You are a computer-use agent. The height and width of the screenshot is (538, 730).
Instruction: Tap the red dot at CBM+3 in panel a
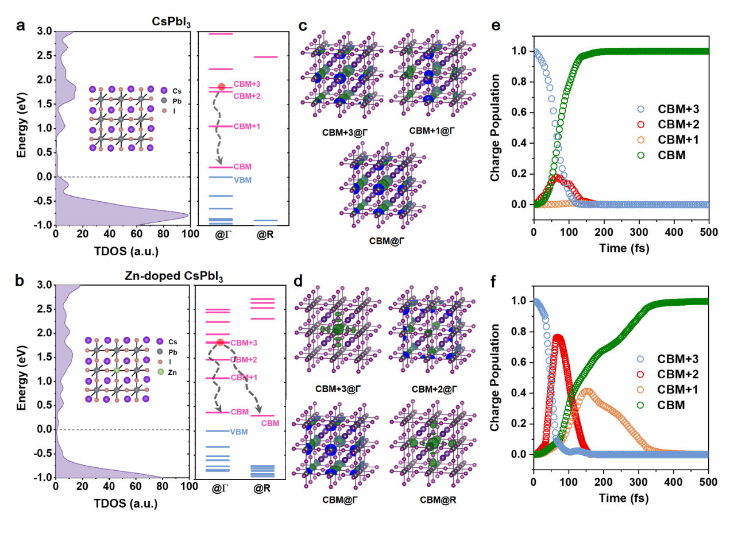click(222, 87)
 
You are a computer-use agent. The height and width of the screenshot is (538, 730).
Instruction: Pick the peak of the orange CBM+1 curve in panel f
click(588, 390)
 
